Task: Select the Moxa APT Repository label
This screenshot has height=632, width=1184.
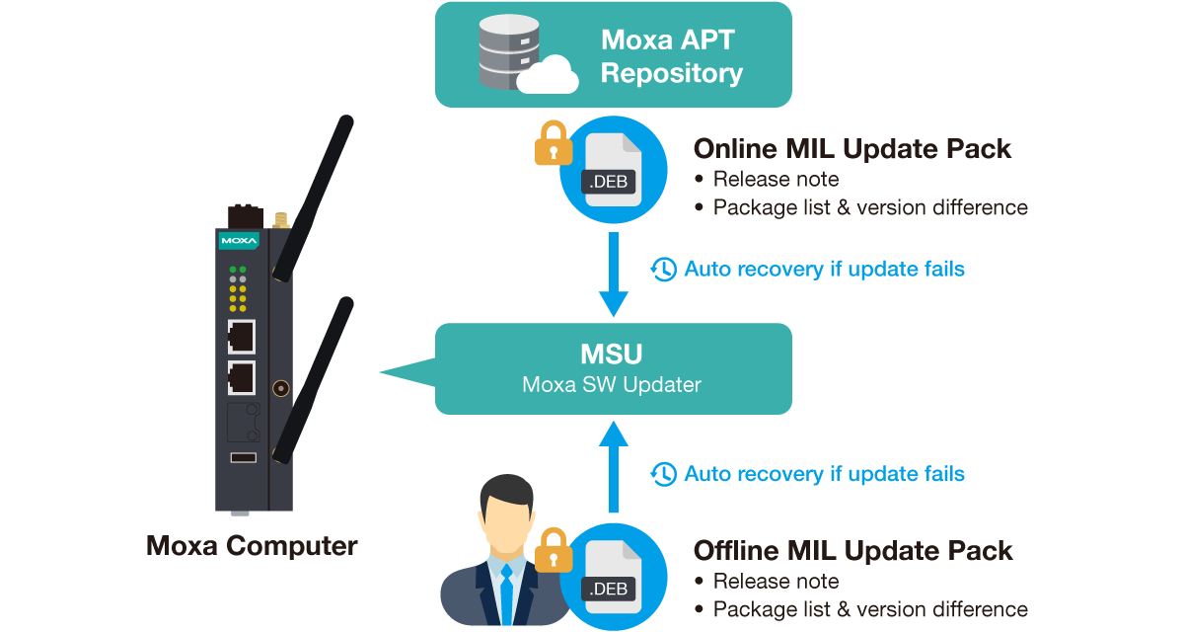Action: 671,56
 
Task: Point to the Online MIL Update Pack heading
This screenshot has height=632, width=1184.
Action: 852,149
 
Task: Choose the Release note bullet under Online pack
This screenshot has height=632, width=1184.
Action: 776,179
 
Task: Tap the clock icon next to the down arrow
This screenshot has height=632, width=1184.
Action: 664,269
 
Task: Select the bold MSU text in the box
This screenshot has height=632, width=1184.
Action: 613,354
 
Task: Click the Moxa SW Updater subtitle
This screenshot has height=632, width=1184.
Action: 612,384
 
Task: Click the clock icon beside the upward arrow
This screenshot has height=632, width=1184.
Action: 664,474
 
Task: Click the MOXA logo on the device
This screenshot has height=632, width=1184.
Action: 238,240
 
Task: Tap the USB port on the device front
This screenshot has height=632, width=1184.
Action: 243,457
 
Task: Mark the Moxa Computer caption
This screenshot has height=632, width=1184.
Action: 253,546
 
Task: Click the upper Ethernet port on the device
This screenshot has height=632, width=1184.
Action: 241,337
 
